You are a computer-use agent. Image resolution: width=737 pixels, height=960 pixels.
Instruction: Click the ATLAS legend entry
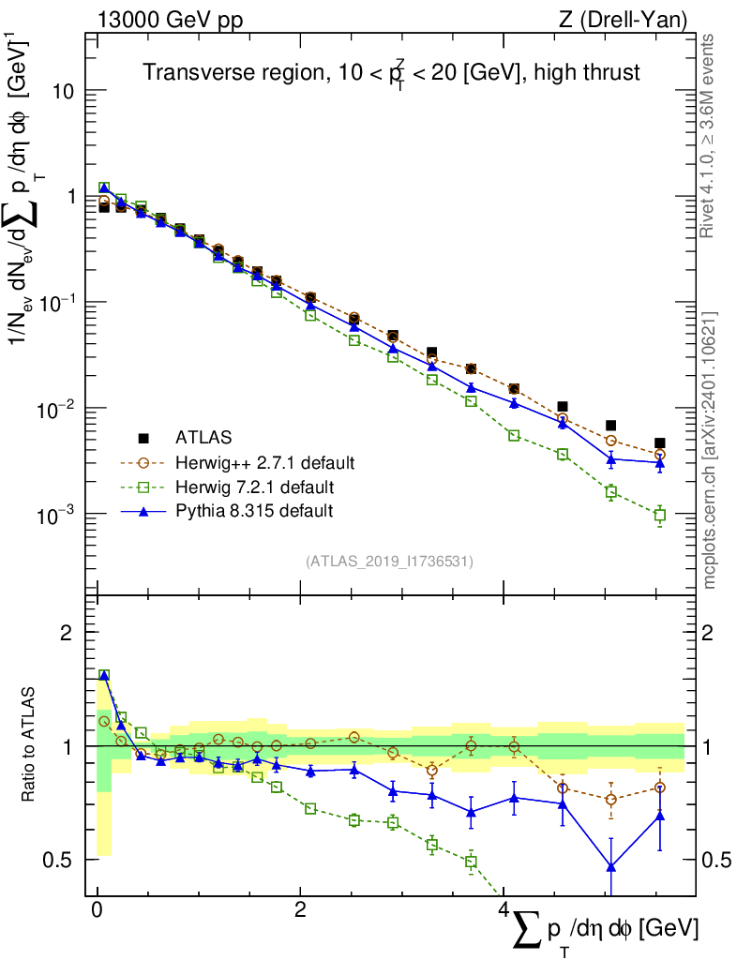click(x=203, y=438)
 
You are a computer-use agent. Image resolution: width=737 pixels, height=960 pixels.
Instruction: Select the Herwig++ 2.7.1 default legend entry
click(x=263, y=463)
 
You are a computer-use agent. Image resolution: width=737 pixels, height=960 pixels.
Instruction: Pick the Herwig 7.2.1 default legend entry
click(x=254, y=487)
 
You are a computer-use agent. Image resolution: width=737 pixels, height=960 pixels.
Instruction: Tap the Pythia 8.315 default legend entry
click(x=253, y=511)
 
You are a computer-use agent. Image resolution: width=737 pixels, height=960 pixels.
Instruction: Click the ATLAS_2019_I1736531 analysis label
click(x=389, y=562)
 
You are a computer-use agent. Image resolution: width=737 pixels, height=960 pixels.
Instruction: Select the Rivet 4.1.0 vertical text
click(x=708, y=136)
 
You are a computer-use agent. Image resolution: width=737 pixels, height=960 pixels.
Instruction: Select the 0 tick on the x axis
click(x=97, y=911)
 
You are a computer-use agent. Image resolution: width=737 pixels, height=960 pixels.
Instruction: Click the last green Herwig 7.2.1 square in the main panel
click(x=660, y=516)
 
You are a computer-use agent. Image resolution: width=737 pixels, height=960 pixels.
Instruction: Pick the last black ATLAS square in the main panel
click(x=660, y=443)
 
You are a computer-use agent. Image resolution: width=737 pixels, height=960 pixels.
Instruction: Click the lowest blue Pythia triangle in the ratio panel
click(x=611, y=866)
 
